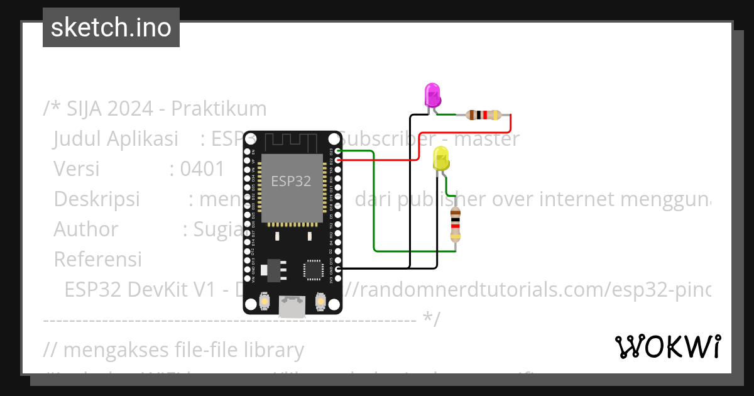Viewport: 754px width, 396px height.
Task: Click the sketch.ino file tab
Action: click(x=111, y=28)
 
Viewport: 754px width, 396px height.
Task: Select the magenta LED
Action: click(x=432, y=96)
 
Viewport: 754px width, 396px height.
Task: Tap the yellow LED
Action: click(x=441, y=158)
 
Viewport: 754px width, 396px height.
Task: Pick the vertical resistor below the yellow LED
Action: click(x=456, y=225)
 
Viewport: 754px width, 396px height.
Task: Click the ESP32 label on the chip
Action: click(x=291, y=181)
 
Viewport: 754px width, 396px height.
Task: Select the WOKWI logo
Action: click(x=667, y=346)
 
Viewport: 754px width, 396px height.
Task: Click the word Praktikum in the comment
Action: click(x=219, y=109)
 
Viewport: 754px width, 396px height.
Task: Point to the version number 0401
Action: click(x=202, y=168)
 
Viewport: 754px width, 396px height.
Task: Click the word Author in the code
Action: click(x=86, y=229)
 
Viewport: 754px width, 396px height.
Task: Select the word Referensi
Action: click(x=97, y=259)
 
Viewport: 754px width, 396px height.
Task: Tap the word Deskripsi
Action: click(x=97, y=199)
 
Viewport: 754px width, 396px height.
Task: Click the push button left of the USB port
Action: click(x=265, y=302)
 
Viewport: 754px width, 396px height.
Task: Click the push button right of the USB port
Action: click(x=320, y=302)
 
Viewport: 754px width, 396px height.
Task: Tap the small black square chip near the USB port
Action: click(x=313, y=269)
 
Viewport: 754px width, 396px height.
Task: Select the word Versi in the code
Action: click(x=77, y=168)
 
